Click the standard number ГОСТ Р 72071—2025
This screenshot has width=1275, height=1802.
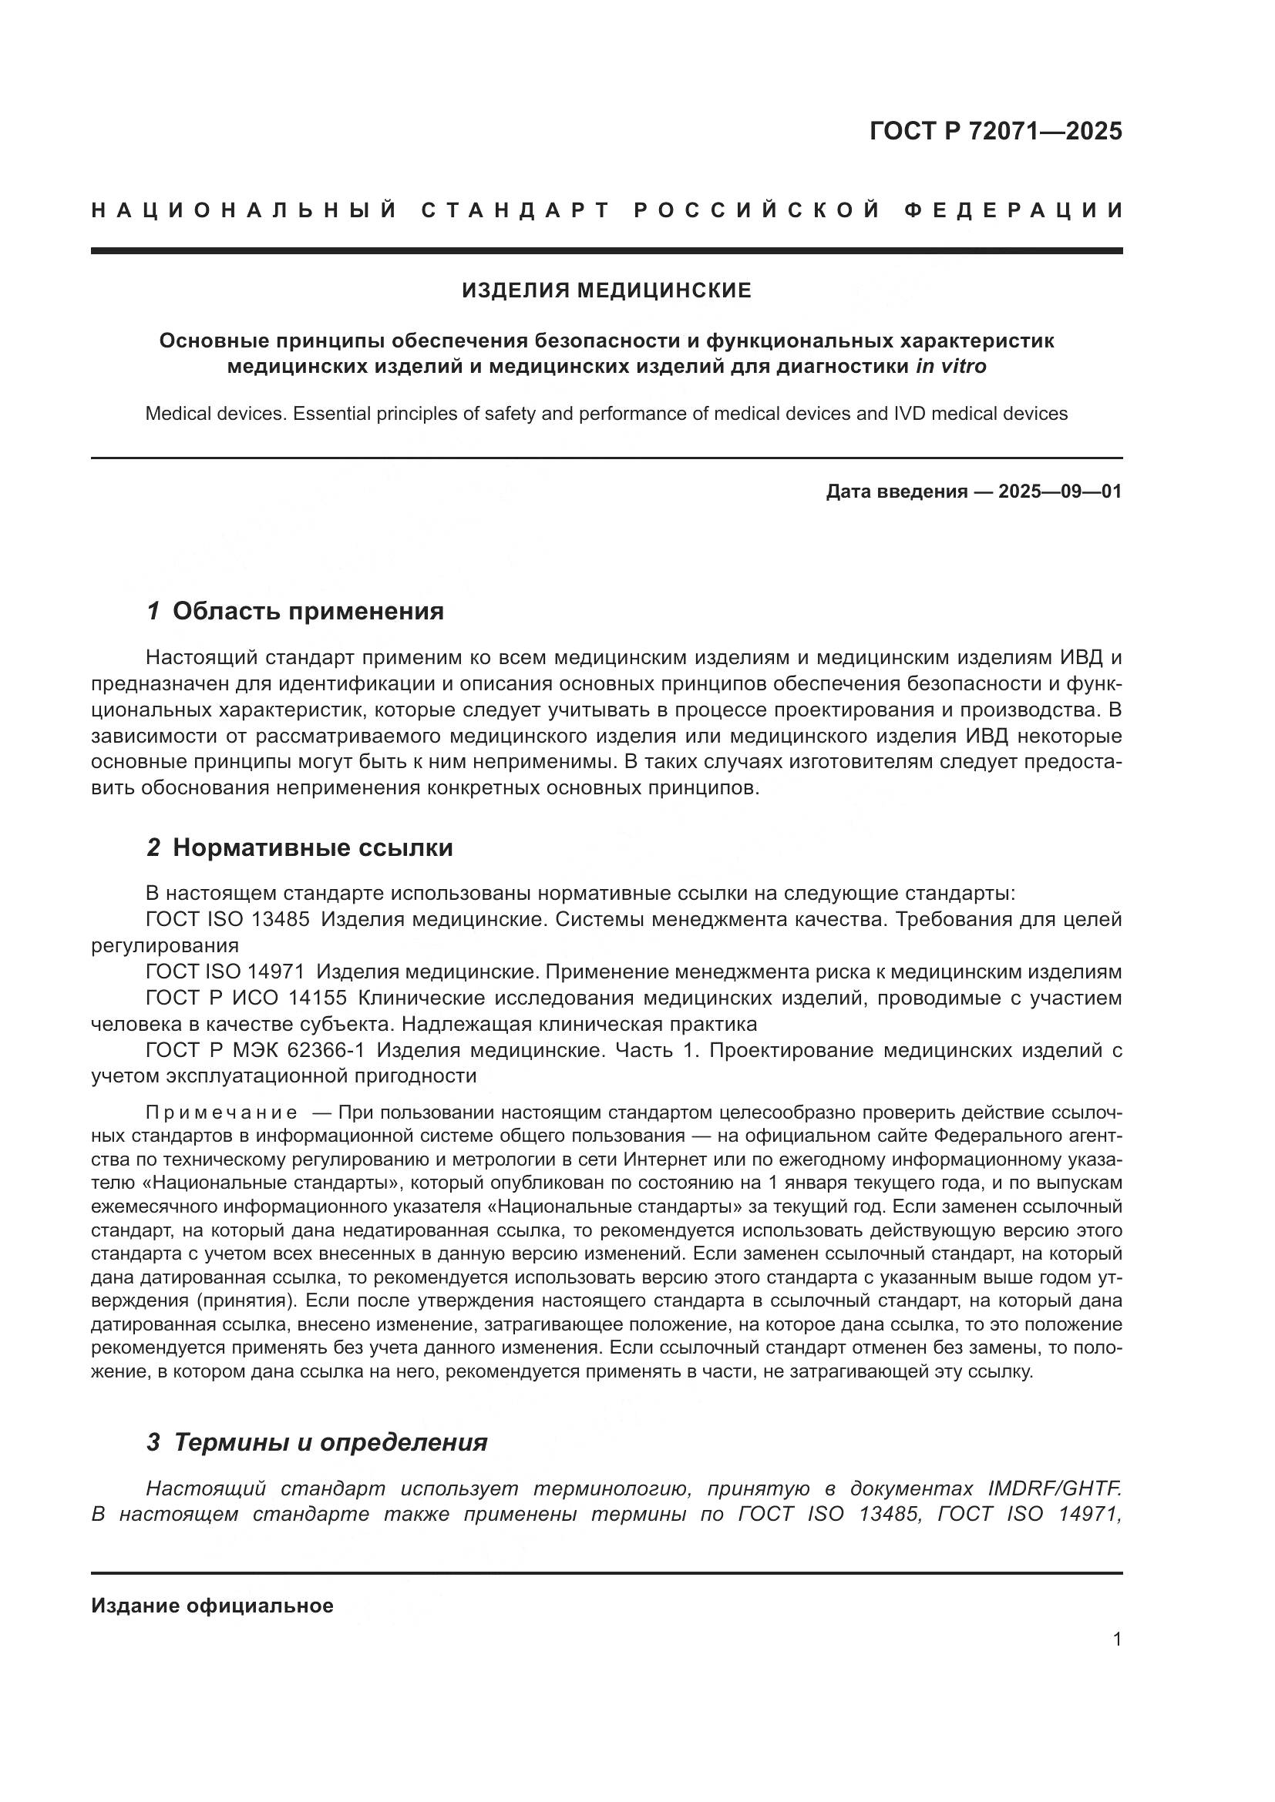point(994,130)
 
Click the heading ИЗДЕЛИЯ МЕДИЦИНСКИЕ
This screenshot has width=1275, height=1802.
point(606,291)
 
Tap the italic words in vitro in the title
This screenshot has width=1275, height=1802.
point(950,367)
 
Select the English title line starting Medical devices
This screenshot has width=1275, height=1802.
point(606,414)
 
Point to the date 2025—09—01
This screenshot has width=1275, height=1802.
point(1060,492)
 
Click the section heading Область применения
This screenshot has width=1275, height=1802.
point(308,612)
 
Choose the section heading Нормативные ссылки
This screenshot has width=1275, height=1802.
point(312,847)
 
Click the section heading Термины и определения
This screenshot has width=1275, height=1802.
point(330,1442)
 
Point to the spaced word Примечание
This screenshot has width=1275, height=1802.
point(221,1113)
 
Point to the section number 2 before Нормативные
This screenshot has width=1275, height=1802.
point(154,847)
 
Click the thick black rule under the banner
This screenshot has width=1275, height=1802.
point(606,250)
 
